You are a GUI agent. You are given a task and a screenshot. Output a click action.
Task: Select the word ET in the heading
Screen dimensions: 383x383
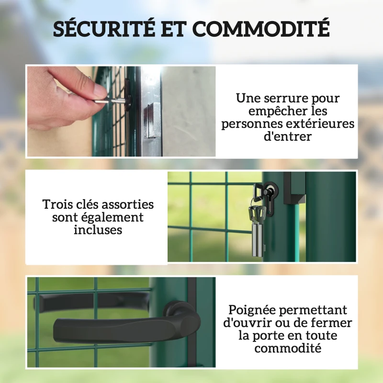173,29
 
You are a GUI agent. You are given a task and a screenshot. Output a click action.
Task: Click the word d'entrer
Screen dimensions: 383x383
288,136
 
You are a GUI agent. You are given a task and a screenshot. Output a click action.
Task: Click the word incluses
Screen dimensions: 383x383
98,230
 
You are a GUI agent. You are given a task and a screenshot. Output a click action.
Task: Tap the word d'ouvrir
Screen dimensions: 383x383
247,323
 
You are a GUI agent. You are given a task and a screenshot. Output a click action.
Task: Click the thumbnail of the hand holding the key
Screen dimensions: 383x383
121,112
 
